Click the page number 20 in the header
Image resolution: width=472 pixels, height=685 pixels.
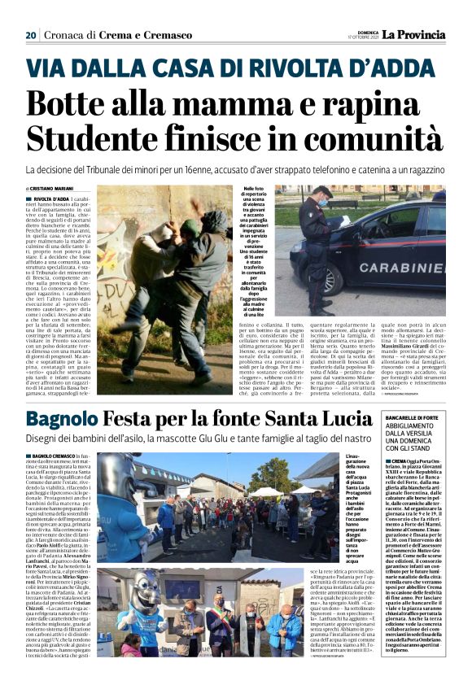[31, 35]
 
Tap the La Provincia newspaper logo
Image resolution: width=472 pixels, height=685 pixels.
[416, 34]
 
